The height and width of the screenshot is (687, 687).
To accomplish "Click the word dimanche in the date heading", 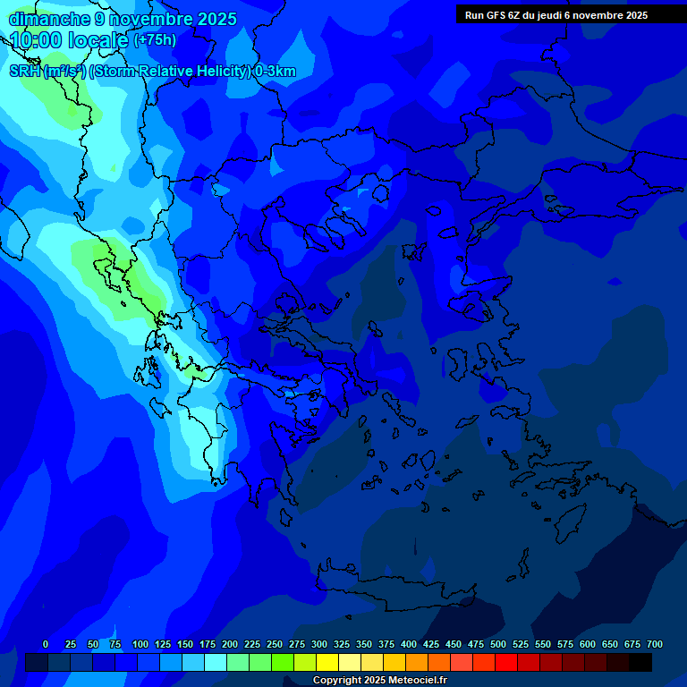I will coord(48,19).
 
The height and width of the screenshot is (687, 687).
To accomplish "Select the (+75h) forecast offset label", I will coord(155,40).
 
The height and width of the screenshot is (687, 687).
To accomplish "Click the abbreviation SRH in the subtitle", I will coord(25,72).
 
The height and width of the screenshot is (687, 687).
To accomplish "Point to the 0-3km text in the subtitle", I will coord(276,72).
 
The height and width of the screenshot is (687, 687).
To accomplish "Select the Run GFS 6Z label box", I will coord(556,15).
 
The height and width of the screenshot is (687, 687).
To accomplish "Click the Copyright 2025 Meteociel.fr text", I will coord(379,681).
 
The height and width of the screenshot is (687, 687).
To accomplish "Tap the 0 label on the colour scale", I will coord(46,644).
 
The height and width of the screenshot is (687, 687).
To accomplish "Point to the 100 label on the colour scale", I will coord(140,644).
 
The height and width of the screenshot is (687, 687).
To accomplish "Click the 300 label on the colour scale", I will coord(319,644).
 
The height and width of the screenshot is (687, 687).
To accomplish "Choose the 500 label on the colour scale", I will coord(498,644).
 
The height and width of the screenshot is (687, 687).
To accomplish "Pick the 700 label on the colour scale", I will coord(655,644).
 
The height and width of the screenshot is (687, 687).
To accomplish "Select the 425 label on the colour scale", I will coord(431,644).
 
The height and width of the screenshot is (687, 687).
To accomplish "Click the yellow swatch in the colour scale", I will coord(327,663).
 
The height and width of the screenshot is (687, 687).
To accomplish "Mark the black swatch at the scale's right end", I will coord(640,663).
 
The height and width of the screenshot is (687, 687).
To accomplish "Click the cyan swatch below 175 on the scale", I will coord(216,663).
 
